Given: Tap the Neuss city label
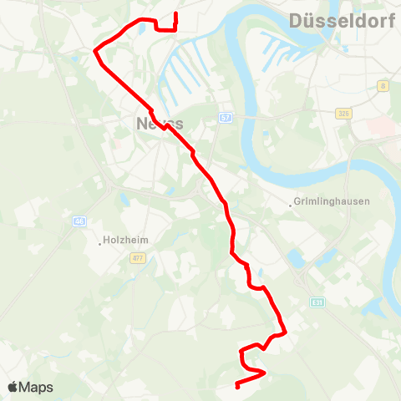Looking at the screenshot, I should tap(158, 123).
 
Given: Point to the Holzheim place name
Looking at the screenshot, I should tap(126, 241).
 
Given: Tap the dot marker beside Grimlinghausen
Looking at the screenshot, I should tap(292, 203).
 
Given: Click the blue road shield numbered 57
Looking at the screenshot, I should tap(226, 118).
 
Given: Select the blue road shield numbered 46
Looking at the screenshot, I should tap(79, 221).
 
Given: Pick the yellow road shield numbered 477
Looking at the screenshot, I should tap(138, 259).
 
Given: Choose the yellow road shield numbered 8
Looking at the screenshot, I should tap(383, 85).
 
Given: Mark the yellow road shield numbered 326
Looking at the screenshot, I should tap(343, 113).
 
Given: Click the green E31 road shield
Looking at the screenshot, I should tap(317, 302).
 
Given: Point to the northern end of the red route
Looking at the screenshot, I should tap(175, 14).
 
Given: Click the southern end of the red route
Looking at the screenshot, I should tap(237, 386).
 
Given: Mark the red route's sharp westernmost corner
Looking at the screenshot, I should tap(94, 51).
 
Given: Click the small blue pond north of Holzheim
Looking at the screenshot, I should tap(124, 200).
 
